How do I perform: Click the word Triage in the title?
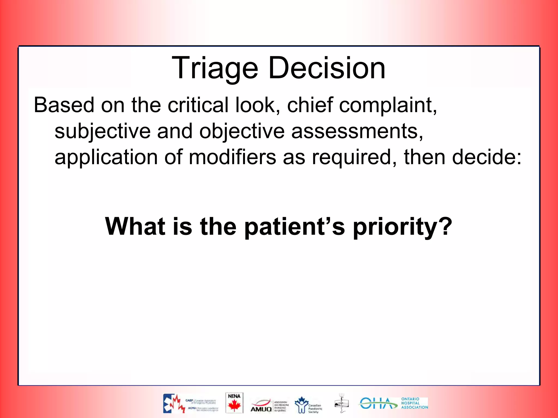(x=215, y=68)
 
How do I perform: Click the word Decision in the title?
(x=327, y=68)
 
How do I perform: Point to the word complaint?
(x=388, y=105)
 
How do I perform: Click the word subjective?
(x=102, y=131)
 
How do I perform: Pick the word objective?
(x=242, y=131)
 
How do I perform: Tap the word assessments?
(x=357, y=131)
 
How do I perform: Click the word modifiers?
(x=232, y=157)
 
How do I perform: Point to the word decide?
(x=487, y=157)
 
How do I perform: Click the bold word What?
(x=135, y=226)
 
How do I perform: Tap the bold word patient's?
(x=294, y=226)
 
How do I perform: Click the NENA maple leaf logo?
(x=234, y=403)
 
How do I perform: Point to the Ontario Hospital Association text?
(x=414, y=403)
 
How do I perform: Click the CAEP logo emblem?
(x=174, y=403)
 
